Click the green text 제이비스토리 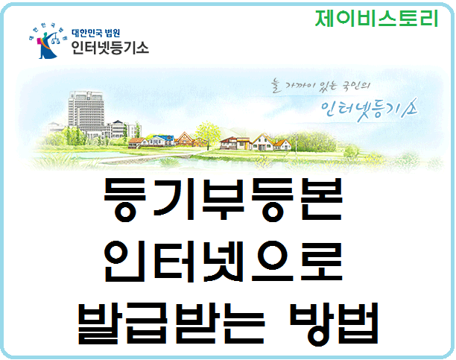376,18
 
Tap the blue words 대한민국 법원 95,33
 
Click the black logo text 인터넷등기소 110,48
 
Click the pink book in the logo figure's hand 39,42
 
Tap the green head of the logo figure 45,34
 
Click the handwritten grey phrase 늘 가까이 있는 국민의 320,86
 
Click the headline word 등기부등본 224,199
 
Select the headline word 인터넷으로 224,261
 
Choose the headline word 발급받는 171,323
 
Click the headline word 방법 334,323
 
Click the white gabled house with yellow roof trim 263,142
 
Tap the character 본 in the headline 321,199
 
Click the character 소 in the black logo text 141,48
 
